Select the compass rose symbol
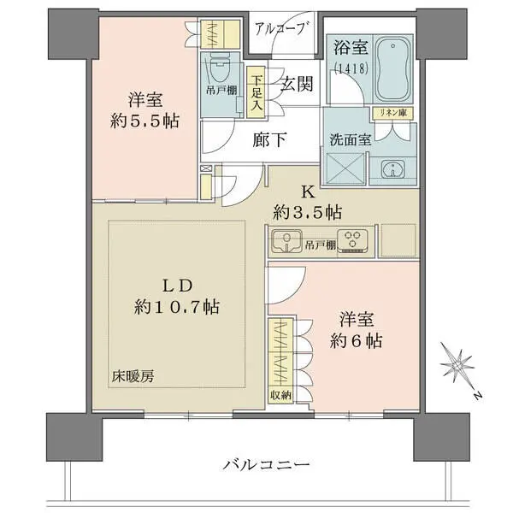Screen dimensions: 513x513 463,366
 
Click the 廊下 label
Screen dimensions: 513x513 269,139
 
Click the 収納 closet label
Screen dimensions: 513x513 280,394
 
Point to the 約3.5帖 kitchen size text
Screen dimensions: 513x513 309,210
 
